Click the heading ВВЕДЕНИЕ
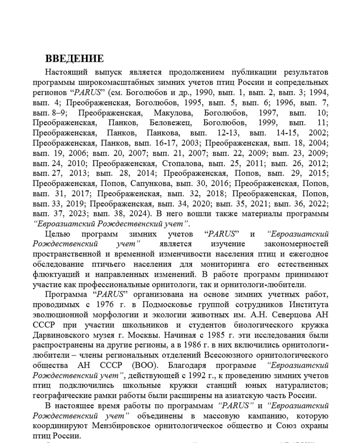[x=74, y=59]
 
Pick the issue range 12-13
[x=224, y=133]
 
